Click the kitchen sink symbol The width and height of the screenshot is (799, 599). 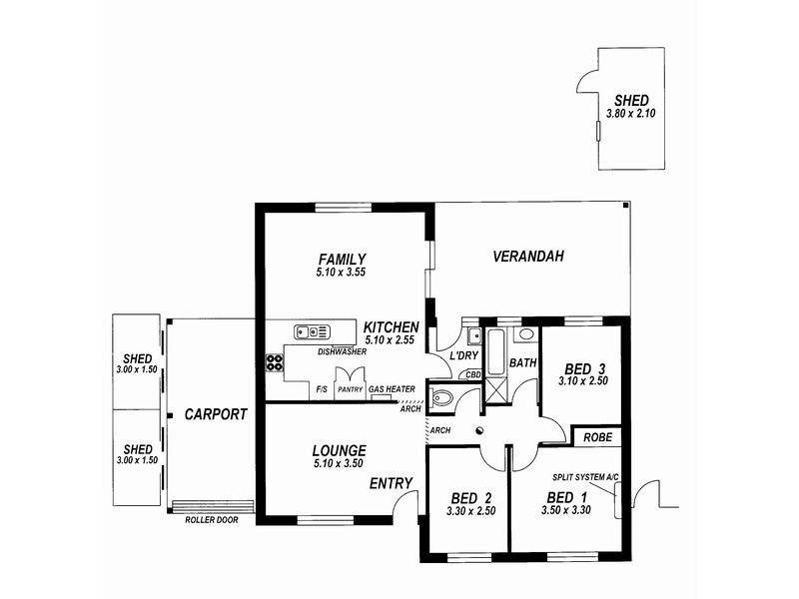(312, 331)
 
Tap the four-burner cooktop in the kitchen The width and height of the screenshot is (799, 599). (274, 361)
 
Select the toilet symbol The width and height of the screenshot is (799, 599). (441, 399)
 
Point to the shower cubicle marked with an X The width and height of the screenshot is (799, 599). (495, 390)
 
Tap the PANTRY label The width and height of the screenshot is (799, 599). (350, 390)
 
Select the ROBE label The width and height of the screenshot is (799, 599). (598, 437)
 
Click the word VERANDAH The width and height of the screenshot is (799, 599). (528, 257)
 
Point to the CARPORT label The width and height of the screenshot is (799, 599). (215, 413)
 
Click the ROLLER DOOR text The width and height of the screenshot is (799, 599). (212, 520)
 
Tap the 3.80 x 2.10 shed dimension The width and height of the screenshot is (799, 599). (631, 114)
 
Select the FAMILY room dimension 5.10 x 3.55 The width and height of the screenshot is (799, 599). (342, 271)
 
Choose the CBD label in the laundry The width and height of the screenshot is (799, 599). (473, 374)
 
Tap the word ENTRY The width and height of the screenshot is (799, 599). (391, 483)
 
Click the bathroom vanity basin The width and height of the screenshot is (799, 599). (525, 334)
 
